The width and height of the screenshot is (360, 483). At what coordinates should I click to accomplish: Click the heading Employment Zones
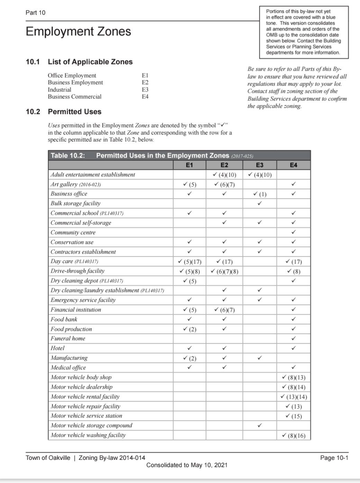click(x=78, y=32)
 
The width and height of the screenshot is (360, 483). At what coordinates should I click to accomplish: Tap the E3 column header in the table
click(x=259, y=165)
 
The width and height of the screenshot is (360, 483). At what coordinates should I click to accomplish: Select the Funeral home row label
click(x=68, y=339)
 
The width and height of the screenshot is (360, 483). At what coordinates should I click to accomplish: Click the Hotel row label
click(x=57, y=348)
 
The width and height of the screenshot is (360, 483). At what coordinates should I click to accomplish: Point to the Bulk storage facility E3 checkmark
click(x=260, y=203)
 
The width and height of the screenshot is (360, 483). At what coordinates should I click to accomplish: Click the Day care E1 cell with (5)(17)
click(x=189, y=262)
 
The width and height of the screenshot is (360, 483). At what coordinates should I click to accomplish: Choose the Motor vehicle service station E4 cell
click(x=294, y=416)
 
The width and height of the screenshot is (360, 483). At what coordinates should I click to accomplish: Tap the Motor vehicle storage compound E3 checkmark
click(x=260, y=425)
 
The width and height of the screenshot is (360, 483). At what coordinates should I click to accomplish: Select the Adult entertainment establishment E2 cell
click(x=224, y=175)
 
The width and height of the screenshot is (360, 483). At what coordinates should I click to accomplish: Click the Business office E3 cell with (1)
click(x=260, y=194)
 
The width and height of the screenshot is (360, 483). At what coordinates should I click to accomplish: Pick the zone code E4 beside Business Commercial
click(x=145, y=97)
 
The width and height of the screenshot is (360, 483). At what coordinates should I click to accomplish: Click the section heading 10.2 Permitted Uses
click(x=64, y=112)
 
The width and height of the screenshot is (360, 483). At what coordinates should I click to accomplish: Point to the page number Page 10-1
click(x=334, y=458)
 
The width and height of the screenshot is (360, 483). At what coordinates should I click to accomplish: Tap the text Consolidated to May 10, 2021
click(x=187, y=465)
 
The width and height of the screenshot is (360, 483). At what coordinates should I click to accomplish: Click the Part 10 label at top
click(x=35, y=12)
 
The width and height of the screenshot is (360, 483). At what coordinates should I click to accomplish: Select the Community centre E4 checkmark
click(x=294, y=232)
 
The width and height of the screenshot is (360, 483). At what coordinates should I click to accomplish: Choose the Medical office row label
click(x=68, y=368)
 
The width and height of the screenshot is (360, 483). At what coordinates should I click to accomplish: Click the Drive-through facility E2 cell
click(x=224, y=271)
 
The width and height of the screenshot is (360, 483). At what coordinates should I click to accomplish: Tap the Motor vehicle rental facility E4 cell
click(x=294, y=397)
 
